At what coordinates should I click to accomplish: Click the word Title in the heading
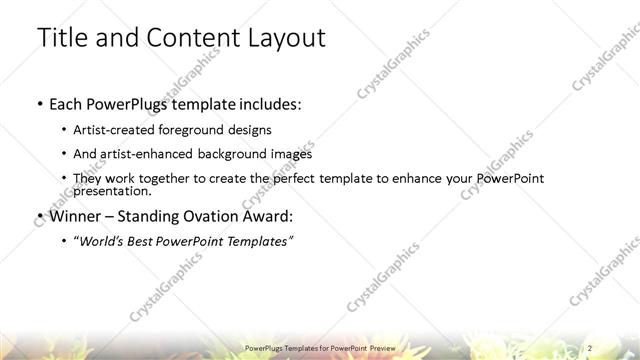61,39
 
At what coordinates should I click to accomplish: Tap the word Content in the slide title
186,39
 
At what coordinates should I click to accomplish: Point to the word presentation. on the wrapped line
113,190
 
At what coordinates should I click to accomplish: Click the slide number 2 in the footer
592,346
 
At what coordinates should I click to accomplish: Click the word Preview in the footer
381,346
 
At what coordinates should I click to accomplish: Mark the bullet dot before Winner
38,217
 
